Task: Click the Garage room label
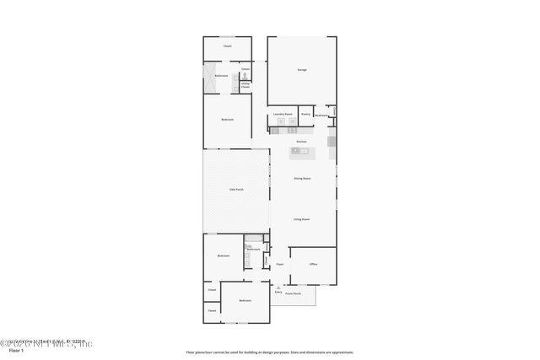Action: click(x=301, y=69)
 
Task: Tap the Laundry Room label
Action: click(x=283, y=114)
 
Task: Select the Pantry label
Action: click(x=305, y=114)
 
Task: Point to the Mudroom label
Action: click(x=322, y=116)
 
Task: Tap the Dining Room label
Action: click(x=302, y=178)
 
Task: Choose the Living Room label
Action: click(x=302, y=219)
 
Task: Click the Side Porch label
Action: click(x=237, y=189)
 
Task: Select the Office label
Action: click(x=313, y=264)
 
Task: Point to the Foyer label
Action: click(x=279, y=264)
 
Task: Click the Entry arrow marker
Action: click(x=278, y=287)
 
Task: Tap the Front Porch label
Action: click(x=293, y=293)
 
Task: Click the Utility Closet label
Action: click(x=246, y=84)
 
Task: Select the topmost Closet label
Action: click(x=227, y=46)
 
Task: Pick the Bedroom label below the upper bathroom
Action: click(x=227, y=120)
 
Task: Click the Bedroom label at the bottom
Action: click(x=245, y=301)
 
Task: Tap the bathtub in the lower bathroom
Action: click(x=250, y=257)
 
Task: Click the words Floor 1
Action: click(x=16, y=352)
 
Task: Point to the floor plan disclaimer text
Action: click(x=270, y=352)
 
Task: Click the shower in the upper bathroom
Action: click(x=208, y=78)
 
